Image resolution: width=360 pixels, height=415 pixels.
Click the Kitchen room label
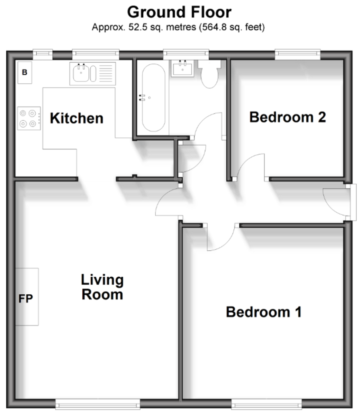click(76, 118)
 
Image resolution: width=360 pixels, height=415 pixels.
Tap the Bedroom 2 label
click(287, 117)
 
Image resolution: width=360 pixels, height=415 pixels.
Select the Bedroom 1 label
click(264, 312)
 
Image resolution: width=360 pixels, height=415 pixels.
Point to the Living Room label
click(102, 287)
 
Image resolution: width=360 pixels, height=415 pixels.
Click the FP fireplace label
click(25, 298)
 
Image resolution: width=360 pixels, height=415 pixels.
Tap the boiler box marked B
click(25, 73)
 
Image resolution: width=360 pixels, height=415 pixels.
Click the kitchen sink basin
click(81, 73)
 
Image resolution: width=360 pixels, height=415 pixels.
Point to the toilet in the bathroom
click(210, 74)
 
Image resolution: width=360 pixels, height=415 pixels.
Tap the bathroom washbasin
click(182, 68)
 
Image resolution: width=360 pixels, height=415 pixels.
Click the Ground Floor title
click(179, 12)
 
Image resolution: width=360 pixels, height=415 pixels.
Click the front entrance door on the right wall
click(352, 202)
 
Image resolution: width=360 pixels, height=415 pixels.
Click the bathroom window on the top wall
click(186, 53)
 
